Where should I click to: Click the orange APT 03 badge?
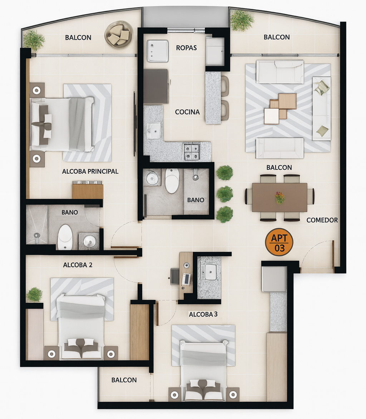279,242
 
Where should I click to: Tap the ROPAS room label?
186,48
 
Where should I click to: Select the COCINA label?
187,112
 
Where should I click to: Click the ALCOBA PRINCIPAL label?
90,171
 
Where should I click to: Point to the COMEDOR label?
322,220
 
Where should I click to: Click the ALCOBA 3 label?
203,314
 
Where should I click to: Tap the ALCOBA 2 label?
78,265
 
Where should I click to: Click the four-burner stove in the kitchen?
192,152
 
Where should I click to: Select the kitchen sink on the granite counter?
153,130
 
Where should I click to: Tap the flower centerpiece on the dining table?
280,198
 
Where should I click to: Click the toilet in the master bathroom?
65,237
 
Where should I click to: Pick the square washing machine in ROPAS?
158,51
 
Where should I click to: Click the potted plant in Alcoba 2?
34,295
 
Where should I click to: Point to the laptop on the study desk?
187,279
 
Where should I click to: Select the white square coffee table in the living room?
271,116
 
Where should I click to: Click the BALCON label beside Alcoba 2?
124,380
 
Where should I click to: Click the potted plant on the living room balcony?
242,20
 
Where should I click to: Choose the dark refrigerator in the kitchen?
156,87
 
